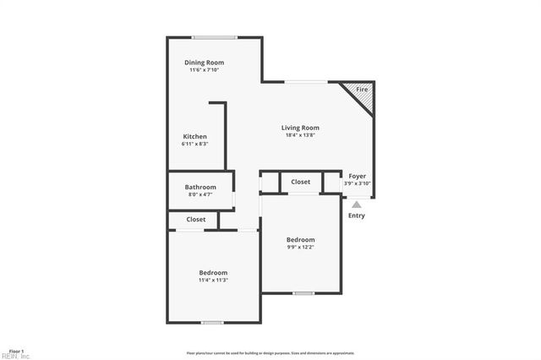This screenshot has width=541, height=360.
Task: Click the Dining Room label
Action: pyautogui.click(x=204, y=63)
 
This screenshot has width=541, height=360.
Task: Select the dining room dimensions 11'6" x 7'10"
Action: pyautogui.click(x=204, y=70)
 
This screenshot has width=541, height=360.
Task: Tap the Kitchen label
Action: pyautogui.click(x=195, y=136)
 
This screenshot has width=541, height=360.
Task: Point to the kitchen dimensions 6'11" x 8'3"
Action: pyautogui.click(x=195, y=144)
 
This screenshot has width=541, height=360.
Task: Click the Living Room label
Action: pyautogui.click(x=300, y=128)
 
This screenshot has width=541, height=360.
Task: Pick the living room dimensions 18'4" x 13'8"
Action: pyautogui.click(x=300, y=135)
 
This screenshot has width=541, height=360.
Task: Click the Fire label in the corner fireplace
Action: pyautogui.click(x=361, y=90)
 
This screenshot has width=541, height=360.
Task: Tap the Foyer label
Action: pyautogui.click(x=358, y=176)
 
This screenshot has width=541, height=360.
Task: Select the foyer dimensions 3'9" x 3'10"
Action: pyautogui.click(x=358, y=183)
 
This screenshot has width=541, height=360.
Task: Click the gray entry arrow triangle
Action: pyautogui.click(x=357, y=204)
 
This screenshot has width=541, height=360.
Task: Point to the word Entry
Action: pyautogui.click(x=357, y=215)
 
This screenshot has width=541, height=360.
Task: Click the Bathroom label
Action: pyautogui.click(x=201, y=187)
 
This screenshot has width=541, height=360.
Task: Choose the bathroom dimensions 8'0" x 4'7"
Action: pyautogui.click(x=201, y=194)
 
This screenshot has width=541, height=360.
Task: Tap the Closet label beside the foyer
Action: pyautogui.click(x=301, y=182)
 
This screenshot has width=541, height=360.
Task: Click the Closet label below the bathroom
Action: pyautogui.click(x=196, y=220)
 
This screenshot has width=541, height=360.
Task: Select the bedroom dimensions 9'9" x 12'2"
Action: pyautogui.click(x=300, y=247)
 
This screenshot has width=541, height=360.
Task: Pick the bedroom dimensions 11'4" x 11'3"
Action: pyautogui.click(x=213, y=280)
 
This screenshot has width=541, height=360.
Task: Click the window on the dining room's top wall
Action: pyautogui.click(x=213, y=37)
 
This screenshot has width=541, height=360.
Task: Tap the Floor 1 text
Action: pyautogui.click(x=16, y=351)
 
